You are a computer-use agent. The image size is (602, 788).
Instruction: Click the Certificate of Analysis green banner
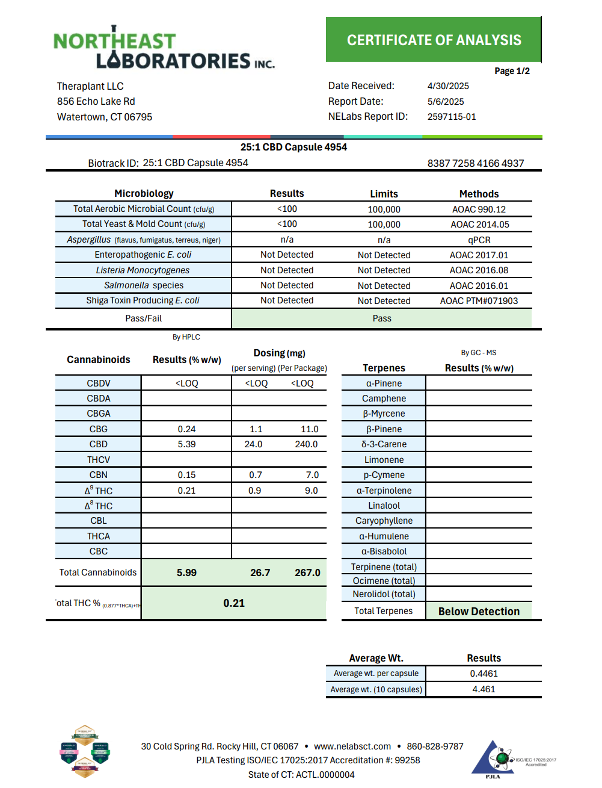coord(434,40)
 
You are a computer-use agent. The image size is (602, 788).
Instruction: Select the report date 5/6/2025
coord(446,102)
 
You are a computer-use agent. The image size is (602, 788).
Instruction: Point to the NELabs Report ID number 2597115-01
coord(452,117)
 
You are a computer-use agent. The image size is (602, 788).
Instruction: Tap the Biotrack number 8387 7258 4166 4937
coord(475,163)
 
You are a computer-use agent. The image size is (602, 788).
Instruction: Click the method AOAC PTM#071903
coord(479,301)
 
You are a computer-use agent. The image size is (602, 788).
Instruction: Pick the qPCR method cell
coord(479,240)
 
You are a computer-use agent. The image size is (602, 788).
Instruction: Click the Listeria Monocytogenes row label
coord(143,270)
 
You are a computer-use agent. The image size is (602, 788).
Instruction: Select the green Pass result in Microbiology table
coord(382,318)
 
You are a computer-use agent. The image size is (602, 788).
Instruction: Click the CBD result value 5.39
coord(186,444)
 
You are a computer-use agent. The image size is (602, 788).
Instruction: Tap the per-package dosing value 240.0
coord(306,444)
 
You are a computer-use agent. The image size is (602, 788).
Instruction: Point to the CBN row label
coord(99,475)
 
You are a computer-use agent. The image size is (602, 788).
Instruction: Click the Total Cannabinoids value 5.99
coord(186,572)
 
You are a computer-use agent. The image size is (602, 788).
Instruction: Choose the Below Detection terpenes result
coord(479,612)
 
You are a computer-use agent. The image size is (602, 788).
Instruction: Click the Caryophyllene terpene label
coord(384,521)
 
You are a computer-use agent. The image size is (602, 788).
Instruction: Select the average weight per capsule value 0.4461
coord(484,674)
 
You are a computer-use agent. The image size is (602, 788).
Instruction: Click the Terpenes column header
coord(384,368)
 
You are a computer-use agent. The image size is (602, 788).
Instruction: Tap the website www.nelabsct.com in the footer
coord(352,746)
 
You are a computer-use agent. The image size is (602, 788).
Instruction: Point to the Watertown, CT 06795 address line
coord(105,117)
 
